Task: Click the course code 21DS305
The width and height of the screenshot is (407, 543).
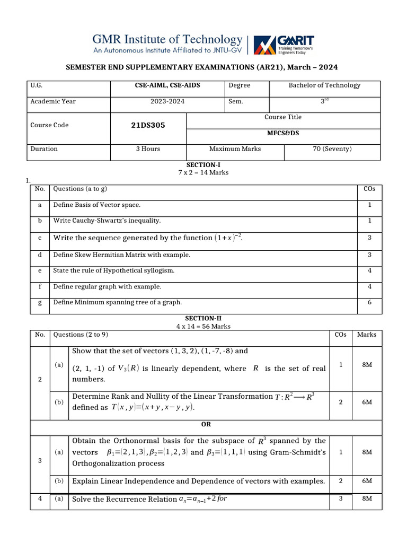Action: (x=148, y=126)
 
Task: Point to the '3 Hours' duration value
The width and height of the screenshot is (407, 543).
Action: (x=148, y=149)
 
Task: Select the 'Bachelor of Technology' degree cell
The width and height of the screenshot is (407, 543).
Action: (x=324, y=85)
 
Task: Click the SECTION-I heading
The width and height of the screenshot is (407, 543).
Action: (x=203, y=165)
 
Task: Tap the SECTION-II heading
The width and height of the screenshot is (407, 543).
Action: (x=203, y=319)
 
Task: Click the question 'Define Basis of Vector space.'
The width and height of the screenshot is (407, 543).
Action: (x=97, y=205)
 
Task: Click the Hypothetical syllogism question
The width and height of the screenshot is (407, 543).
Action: (x=113, y=271)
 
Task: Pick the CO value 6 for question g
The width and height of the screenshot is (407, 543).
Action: (x=369, y=302)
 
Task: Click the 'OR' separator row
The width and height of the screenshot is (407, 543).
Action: (x=206, y=425)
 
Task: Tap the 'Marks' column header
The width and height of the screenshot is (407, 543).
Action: (x=367, y=335)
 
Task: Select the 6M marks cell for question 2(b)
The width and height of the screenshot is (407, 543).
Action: (x=367, y=402)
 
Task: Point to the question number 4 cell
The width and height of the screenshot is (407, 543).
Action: (x=40, y=499)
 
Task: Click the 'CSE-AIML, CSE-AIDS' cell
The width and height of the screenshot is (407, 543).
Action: (x=168, y=85)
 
